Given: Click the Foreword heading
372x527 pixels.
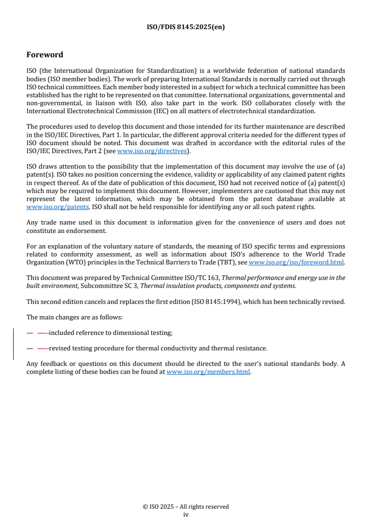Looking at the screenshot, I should pyautogui.click(x=45, y=55).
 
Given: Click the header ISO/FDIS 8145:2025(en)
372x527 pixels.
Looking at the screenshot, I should pyautogui.click(x=186, y=27).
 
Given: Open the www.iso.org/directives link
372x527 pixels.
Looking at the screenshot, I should pyautogui.click(x=152, y=151).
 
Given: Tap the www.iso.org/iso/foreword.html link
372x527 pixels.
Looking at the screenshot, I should pyautogui.click(x=296, y=262).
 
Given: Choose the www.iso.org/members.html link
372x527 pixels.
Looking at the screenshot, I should pyautogui.click(x=208, y=372).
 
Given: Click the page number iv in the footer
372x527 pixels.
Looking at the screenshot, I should pyautogui.click(x=186, y=514).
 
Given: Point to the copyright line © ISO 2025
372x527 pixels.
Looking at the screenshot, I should pyautogui.click(x=186, y=507).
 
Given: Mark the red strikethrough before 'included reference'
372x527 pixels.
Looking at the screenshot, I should pyautogui.click(x=43, y=333).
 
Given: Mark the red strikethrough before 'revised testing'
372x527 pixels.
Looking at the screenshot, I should pyautogui.click(x=43, y=349).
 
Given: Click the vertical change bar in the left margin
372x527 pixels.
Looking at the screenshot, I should pyautogui.click(x=13, y=344).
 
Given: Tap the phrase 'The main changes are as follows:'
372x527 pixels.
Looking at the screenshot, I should pyautogui.click(x=75, y=318).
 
